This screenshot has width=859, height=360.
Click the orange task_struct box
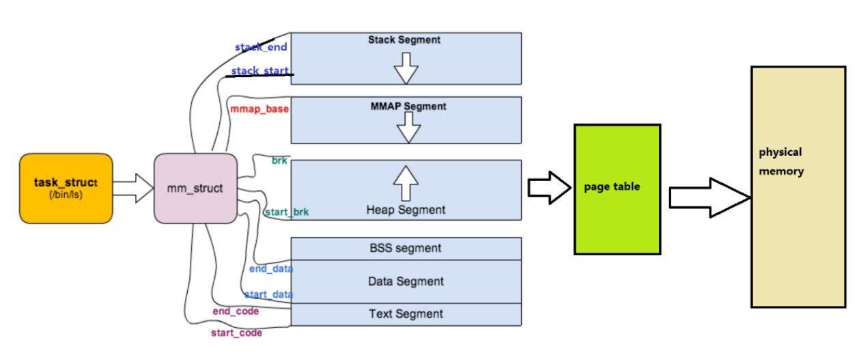coord(66,189)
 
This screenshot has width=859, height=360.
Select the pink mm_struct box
coord(195,188)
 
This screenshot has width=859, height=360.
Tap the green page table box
coord(617,189)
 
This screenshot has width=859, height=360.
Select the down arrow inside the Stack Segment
coord(406,68)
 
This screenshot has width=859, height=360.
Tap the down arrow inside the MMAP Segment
coord(408,127)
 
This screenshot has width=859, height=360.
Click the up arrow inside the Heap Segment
coord(406,182)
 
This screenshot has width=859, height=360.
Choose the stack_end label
coord(261,47)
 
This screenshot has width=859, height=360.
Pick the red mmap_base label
coord(259,109)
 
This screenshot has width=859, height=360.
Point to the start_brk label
coord(286,212)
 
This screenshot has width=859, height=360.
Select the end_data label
coord(271,268)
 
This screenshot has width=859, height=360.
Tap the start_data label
coord(268,294)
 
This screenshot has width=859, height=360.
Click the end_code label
coord(236,311)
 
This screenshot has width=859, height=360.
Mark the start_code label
coord(236,333)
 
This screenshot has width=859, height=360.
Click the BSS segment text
coord(406,248)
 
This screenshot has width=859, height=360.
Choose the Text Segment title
coord(406,314)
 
